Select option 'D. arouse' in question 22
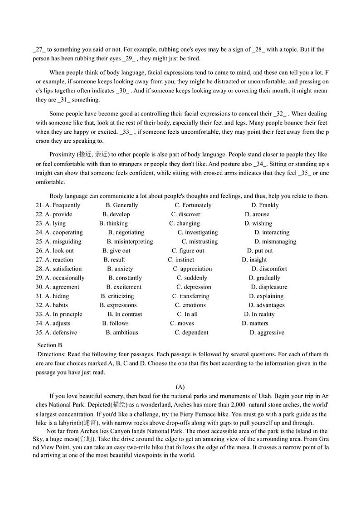257,214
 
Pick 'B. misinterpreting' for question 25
130,242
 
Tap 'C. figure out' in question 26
188,251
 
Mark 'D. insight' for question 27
254,260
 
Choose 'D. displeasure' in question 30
269,287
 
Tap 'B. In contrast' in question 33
125,314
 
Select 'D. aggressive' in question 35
267,332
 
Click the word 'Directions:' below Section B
53,354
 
